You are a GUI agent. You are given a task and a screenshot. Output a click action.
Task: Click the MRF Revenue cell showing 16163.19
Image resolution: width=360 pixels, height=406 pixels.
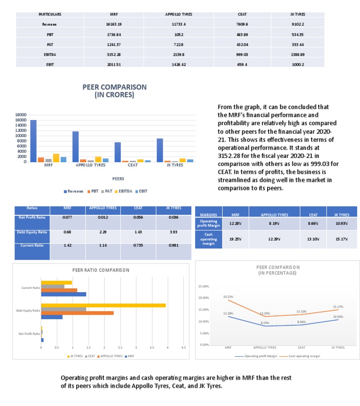tap(114, 24)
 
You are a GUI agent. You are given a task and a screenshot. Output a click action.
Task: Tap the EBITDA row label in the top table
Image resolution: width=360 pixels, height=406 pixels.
tap(49, 54)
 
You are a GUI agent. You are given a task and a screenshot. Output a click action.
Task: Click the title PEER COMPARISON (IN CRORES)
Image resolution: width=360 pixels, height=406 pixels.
tap(114, 90)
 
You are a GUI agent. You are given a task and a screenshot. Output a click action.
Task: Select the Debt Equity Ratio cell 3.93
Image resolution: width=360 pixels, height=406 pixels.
tap(173, 233)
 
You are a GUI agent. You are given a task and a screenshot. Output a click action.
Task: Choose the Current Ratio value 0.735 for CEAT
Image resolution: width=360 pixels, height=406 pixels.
tap(138, 245)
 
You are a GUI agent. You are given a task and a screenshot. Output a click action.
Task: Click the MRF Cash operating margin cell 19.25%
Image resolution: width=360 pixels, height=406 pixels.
tap(235, 239)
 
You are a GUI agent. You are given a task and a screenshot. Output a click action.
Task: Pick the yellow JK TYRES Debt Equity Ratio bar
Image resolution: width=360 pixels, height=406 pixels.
tap(104, 305)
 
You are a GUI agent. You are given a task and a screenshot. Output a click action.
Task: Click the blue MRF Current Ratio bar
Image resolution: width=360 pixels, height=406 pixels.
tap(64, 294)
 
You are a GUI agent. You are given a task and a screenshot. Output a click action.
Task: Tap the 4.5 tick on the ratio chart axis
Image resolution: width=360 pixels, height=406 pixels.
tap(183, 348)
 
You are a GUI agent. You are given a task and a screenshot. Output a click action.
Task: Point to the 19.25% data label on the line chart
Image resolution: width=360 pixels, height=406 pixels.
tap(228, 297)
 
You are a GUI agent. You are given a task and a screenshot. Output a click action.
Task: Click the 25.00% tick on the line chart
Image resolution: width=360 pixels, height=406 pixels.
tap(204, 286)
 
